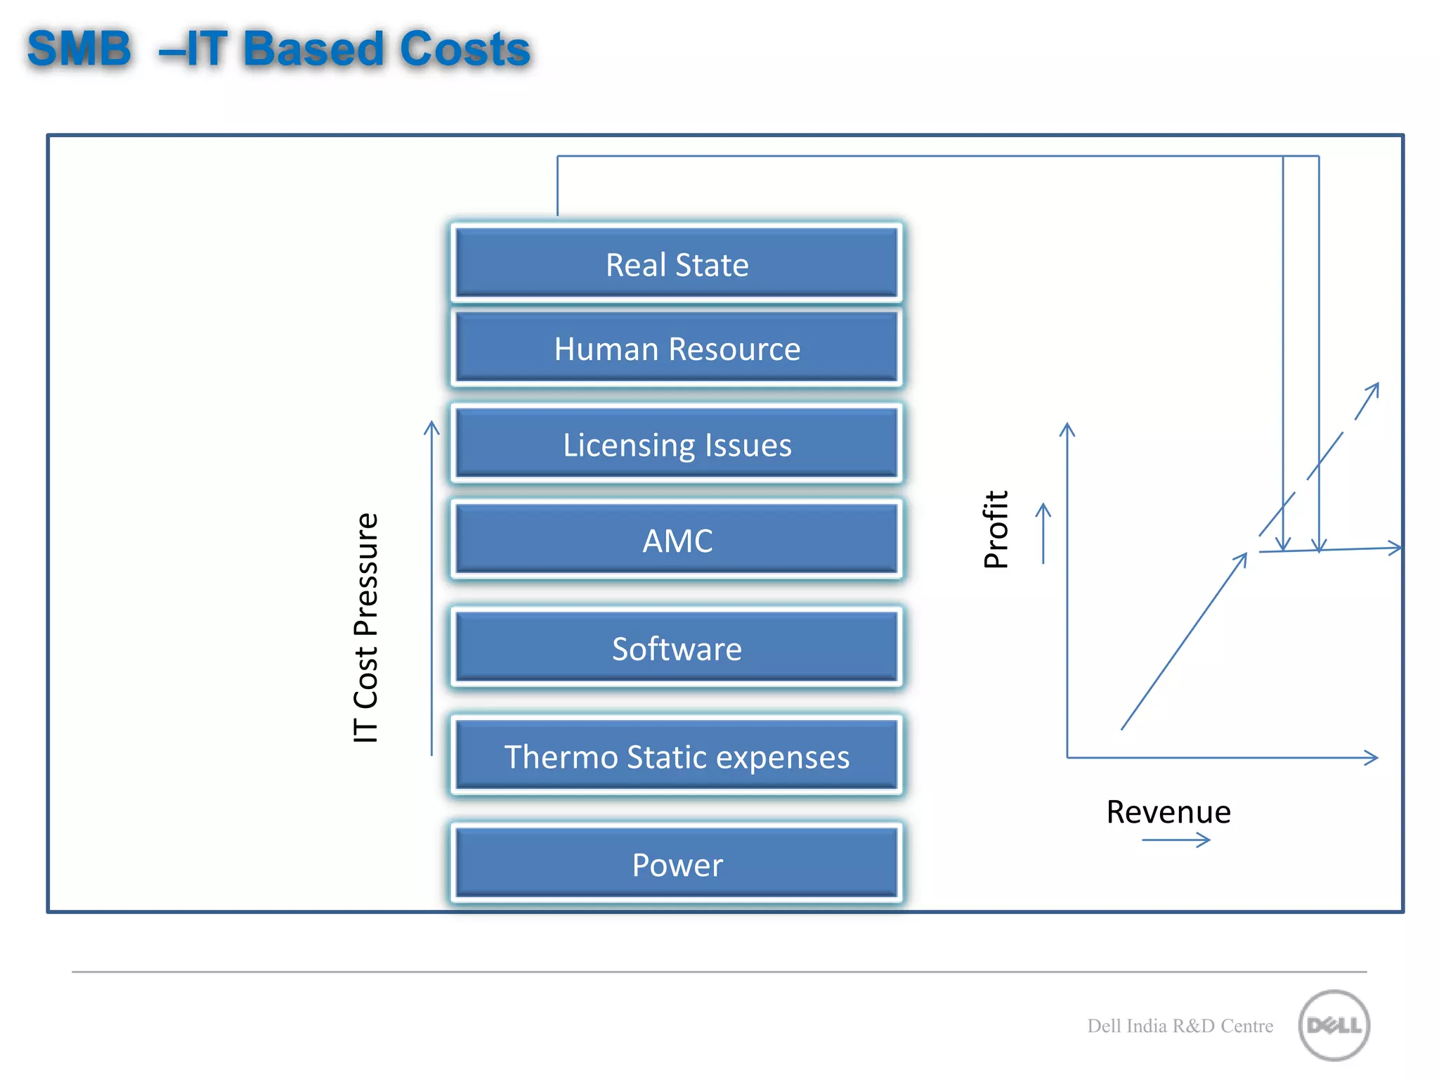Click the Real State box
click(x=677, y=264)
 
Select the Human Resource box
click(x=677, y=349)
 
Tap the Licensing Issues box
click(x=677, y=444)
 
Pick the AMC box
click(x=677, y=540)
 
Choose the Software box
click(x=677, y=648)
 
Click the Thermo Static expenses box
click(x=677, y=757)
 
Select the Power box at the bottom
click(x=677, y=865)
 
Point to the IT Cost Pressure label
click(x=365, y=627)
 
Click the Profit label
click(x=996, y=529)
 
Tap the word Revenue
click(x=1168, y=812)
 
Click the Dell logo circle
click(x=1334, y=1025)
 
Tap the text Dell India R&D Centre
click(x=1180, y=1026)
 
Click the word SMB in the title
click(x=79, y=49)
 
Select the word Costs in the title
click(x=464, y=49)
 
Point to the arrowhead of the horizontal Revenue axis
click(x=1372, y=757)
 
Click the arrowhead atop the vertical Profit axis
click(x=1067, y=427)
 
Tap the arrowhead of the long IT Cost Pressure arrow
click(x=431, y=426)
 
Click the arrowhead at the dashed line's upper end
click(x=1374, y=388)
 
